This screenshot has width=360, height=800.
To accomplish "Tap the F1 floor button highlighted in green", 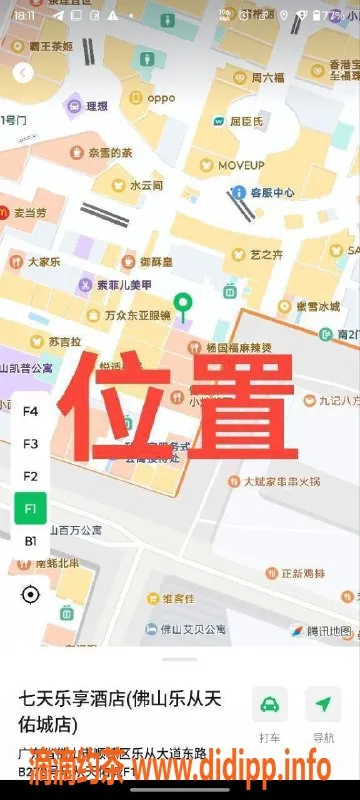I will coord(30,508).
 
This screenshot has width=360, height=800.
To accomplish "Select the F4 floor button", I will coord(30,411).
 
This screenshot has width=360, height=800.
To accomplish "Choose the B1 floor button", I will coord(30,541).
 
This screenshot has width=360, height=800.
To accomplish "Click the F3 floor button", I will coord(30,443).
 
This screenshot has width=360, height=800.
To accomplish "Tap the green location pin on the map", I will coord(182,305).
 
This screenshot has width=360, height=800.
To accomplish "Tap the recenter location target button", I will coord(30,595).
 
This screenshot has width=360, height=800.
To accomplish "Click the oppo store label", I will coord(160,98).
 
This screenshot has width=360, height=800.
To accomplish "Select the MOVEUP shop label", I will coord(241,164).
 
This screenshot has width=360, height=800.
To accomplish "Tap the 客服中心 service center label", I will coord(271,192).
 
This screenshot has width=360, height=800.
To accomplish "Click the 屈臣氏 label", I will coord(247,121).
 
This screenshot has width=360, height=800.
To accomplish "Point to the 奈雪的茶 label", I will coord(110,153).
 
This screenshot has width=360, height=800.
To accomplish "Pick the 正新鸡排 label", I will coord(303,573).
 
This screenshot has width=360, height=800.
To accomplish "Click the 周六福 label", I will coord(267,77).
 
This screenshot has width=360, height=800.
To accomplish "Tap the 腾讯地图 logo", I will coord(321,630).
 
